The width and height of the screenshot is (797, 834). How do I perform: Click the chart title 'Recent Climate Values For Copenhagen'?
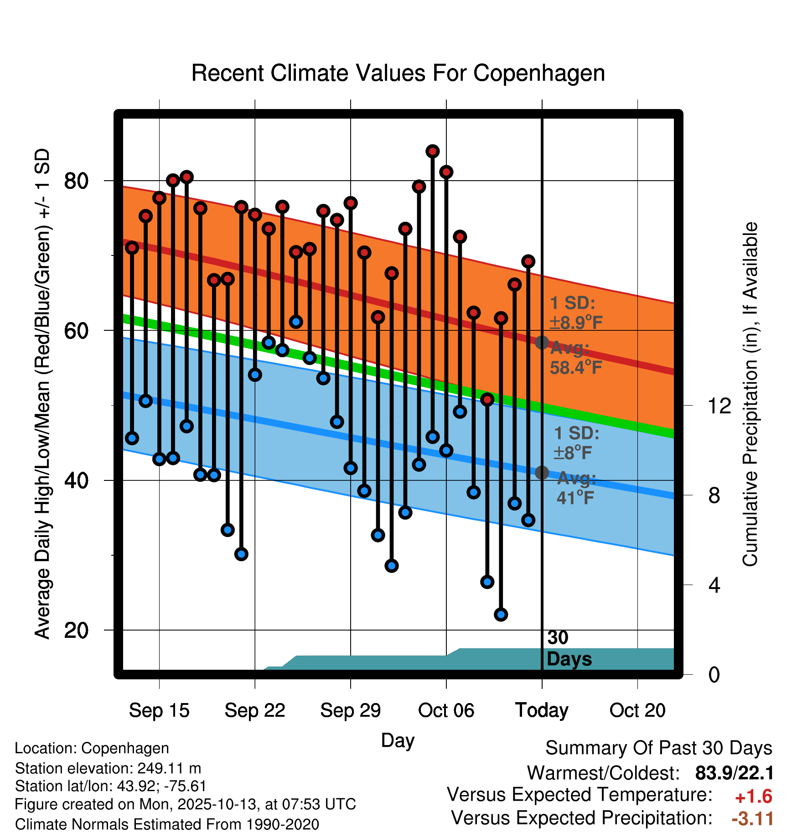pyautogui.click(x=398, y=73)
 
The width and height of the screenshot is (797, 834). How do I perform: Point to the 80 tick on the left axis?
pyautogui.click(x=76, y=181)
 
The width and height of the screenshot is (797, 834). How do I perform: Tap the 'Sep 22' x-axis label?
pyautogui.click(x=255, y=710)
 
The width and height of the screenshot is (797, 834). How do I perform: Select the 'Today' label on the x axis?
pyautogui.click(x=542, y=710)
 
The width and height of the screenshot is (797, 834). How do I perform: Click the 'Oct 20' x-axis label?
pyautogui.click(x=637, y=710)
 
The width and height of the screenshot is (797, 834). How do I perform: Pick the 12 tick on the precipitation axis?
pyautogui.click(x=719, y=406)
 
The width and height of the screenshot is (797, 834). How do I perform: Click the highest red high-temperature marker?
pyautogui.click(x=433, y=151)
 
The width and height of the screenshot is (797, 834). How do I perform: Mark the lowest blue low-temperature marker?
pyautogui.click(x=501, y=615)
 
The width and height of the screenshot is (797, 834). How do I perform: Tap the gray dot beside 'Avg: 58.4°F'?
pyautogui.click(x=542, y=343)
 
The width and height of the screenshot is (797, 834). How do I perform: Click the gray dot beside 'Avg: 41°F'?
pyautogui.click(x=542, y=473)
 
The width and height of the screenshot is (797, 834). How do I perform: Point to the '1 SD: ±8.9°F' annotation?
pyautogui.click(x=575, y=313)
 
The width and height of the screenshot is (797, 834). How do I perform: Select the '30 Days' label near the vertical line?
pyautogui.click(x=569, y=648)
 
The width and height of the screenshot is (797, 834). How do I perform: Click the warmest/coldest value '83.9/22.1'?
pyautogui.click(x=734, y=773)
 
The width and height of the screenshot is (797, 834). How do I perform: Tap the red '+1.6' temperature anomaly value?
pyautogui.click(x=753, y=797)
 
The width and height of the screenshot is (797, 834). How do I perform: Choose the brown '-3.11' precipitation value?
pyautogui.click(x=752, y=818)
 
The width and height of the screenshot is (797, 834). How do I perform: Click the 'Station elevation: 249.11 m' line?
pyautogui.click(x=108, y=768)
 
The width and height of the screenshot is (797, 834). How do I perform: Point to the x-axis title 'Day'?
pyautogui.click(x=398, y=740)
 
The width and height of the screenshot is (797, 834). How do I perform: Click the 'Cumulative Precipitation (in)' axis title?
pyautogui.click(x=750, y=394)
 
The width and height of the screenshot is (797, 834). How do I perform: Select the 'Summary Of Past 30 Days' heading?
pyautogui.click(x=658, y=748)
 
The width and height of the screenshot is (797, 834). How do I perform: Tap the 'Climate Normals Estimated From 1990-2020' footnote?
pyautogui.click(x=167, y=824)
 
